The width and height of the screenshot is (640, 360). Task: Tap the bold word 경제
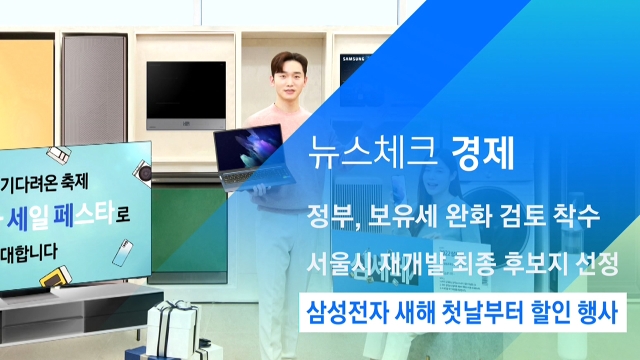click(x=482, y=154)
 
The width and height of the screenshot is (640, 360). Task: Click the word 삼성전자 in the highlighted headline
click(x=347, y=313)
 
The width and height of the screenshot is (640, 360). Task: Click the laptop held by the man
click(x=254, y=158)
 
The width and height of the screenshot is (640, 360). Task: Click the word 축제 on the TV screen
click(x=73, y=182)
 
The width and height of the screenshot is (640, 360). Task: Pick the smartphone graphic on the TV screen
click(x=122, y=253)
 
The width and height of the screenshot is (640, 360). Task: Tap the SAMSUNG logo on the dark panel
click(x=353, y=60)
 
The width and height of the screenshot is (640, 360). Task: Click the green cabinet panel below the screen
click(x=189, y=232)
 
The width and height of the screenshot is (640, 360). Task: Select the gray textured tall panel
click(x=94, y=89)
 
